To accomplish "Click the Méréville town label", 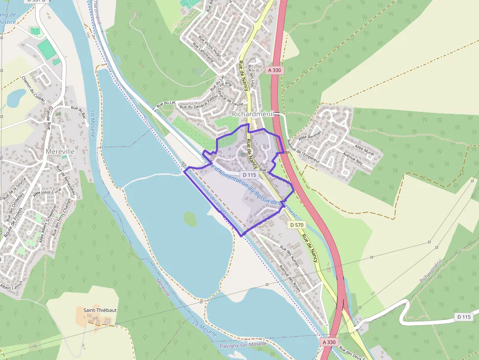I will point(60,151).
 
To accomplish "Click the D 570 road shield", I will point(297,225).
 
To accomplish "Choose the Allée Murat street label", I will point(364,150).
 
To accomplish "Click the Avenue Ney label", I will point(352,159).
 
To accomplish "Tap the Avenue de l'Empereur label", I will point(303,151).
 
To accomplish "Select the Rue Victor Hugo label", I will point(210,47).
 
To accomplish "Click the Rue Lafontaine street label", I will point(203,54).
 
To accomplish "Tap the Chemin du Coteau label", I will point(33,88).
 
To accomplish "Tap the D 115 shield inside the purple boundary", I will point(249,174).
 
